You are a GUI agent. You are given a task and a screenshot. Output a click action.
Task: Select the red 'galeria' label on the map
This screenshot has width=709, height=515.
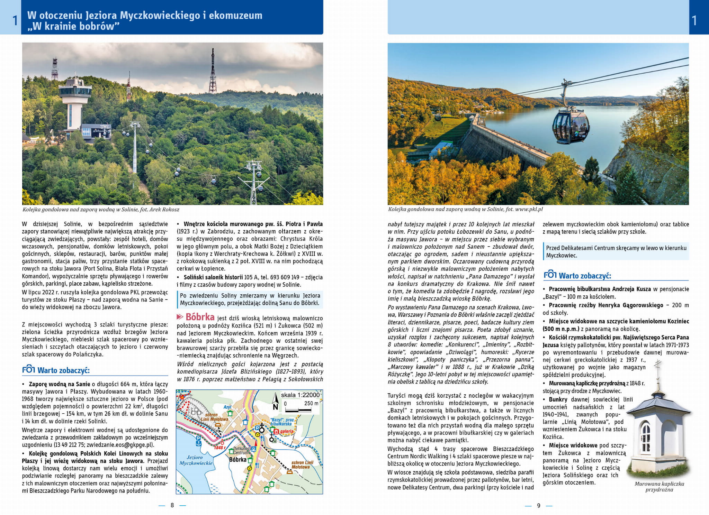click(287, 431)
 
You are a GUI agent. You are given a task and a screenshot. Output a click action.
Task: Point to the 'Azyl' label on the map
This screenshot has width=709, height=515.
click(227, 407)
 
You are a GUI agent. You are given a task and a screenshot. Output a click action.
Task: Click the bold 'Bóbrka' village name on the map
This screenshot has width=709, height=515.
click(238, 460)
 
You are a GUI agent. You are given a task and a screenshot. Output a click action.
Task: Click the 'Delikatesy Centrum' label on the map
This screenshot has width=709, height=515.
click(241, 450)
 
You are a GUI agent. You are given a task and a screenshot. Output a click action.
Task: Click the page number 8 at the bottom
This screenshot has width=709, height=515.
click(172, 505)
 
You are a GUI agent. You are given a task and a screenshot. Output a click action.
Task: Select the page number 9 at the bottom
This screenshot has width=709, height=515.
click(538, 506)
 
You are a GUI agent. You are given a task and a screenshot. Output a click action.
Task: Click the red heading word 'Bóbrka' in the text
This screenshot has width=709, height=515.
click(200, 317)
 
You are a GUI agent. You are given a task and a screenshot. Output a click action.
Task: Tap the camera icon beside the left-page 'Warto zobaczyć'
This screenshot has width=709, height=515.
click(28, 370)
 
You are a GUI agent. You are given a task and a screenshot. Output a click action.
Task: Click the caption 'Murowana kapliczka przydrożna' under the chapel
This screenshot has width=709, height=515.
click(659, 487)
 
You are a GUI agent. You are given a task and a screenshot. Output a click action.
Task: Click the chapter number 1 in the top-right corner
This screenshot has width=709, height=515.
click(694, 20)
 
